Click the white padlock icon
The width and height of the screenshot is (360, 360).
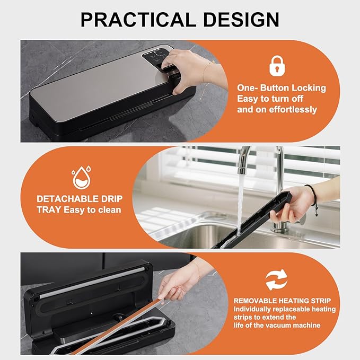click(x=275, y=66)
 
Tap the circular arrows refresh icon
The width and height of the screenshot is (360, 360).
click(x=276, y=280)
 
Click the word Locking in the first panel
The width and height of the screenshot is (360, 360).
click(x=307, y=88)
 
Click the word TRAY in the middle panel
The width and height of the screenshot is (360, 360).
click(x=49, y=210)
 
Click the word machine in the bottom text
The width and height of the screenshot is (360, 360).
click(x=306, y=325)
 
